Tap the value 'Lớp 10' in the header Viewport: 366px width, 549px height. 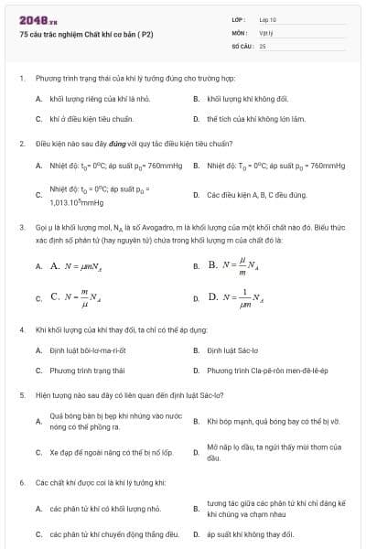point(268,18)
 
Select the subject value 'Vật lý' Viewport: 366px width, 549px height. point(266,31)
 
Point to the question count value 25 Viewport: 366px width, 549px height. point(263,44)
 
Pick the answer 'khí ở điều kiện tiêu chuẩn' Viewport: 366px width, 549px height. point(91,119)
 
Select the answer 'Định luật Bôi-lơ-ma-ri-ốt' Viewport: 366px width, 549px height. point(87,350)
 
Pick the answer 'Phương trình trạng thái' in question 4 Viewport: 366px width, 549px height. point(87,371)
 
